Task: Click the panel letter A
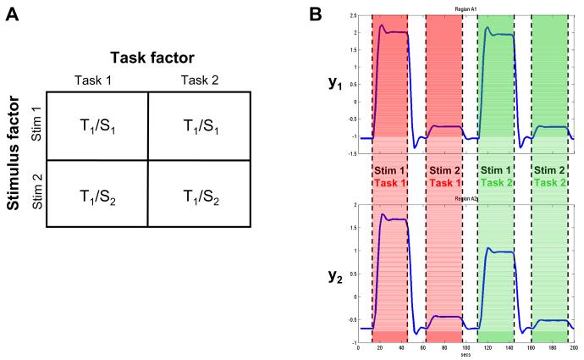coord(14,17)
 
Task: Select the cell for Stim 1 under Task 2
coord(198,125)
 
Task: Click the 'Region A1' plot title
coord(466,9)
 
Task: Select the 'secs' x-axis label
coord(466,356)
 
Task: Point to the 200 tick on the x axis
coord(573,348)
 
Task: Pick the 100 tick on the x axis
coord(466,348)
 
